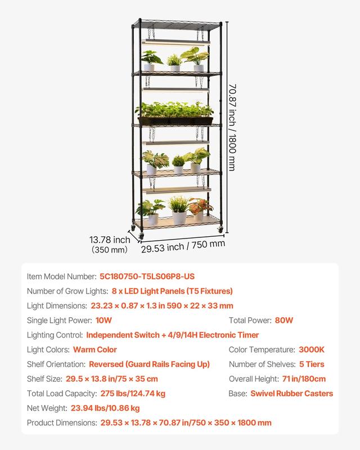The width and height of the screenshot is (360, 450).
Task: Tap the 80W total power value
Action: point(283,321)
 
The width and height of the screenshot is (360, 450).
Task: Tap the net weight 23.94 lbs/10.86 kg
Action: point(105,408)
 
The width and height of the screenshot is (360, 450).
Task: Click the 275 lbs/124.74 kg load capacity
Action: point(133,394)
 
